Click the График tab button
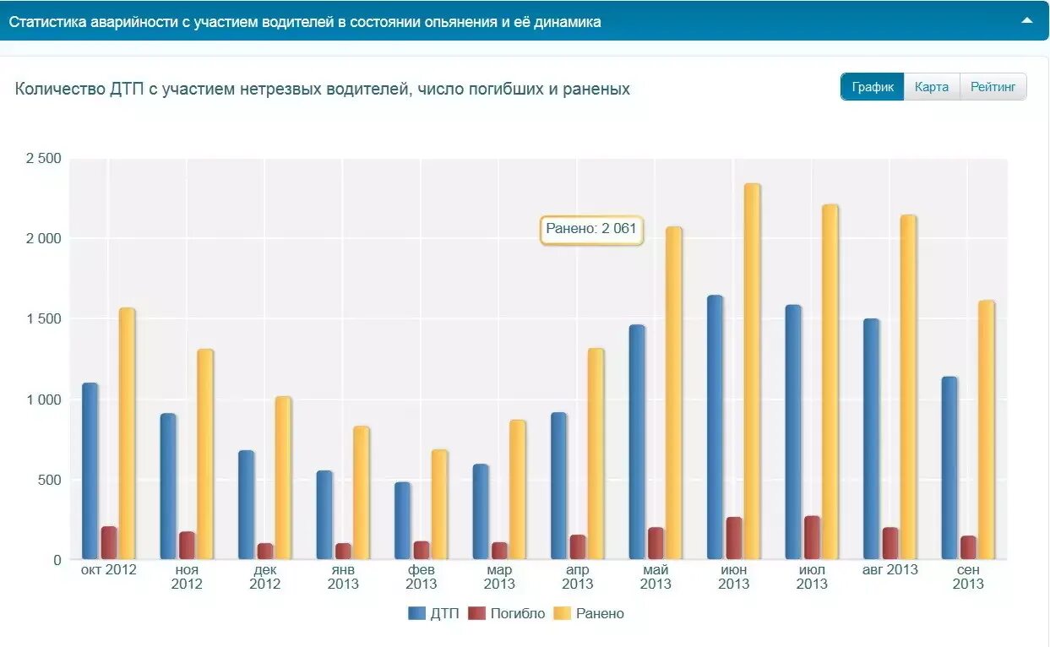pyautogui.click(x=872, y=87)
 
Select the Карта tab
pyautogui.click(x=932, y=87)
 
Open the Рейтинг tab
pyautogui.click(x=993, y=87)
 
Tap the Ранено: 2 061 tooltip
pyautogui.click(x=591, y=229)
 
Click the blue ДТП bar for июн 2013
pyautogui.click(x=715, y=427)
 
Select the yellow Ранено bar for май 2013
pyautogui.click(x=673, y=393)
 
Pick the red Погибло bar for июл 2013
pyautogui.click(x=812, y=538)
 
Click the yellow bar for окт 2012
pyautogui.click(x=127, y=432)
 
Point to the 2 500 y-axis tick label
pyautogui.click(x=44, y=159)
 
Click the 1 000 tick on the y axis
pyautogui.click(x=44, y=400)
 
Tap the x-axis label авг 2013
pyautogui.click(x=890, y=570)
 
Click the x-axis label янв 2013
pyautogui.click(x=343, y=577)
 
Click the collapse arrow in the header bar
pyautogui.click(x=1027, y=20)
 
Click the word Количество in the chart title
pyautogui.click(x=59, y=89)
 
